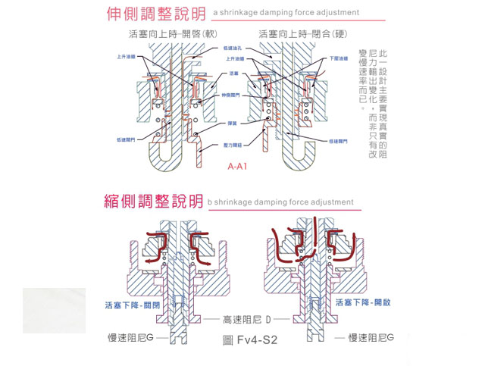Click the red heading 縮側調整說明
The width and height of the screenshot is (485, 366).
153,201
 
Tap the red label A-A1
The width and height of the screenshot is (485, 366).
238,165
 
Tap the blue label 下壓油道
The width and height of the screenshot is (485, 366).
339,58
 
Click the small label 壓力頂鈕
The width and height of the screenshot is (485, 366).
233,144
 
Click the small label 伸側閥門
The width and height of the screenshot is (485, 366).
231,95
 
